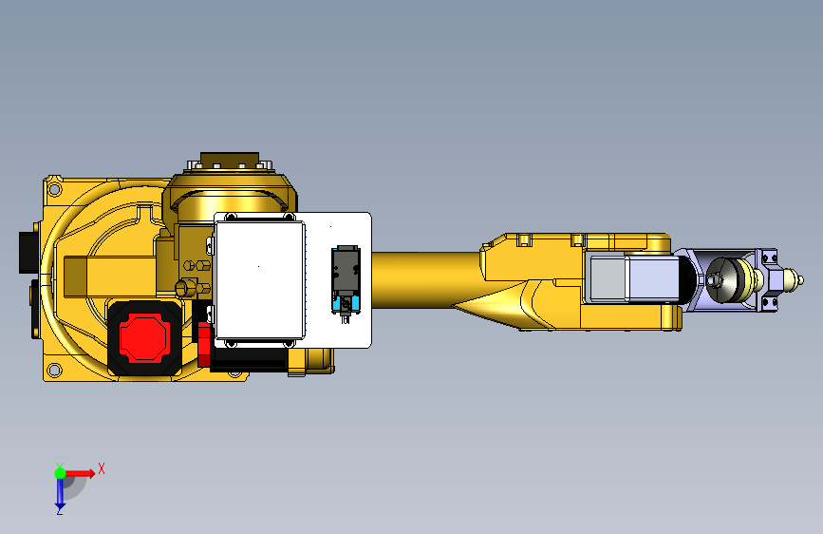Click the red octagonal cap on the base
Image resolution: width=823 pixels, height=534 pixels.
(142, 336)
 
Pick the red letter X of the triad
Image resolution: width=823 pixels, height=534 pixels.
(101, 468)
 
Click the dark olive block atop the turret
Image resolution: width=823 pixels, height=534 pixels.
(230, 159)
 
